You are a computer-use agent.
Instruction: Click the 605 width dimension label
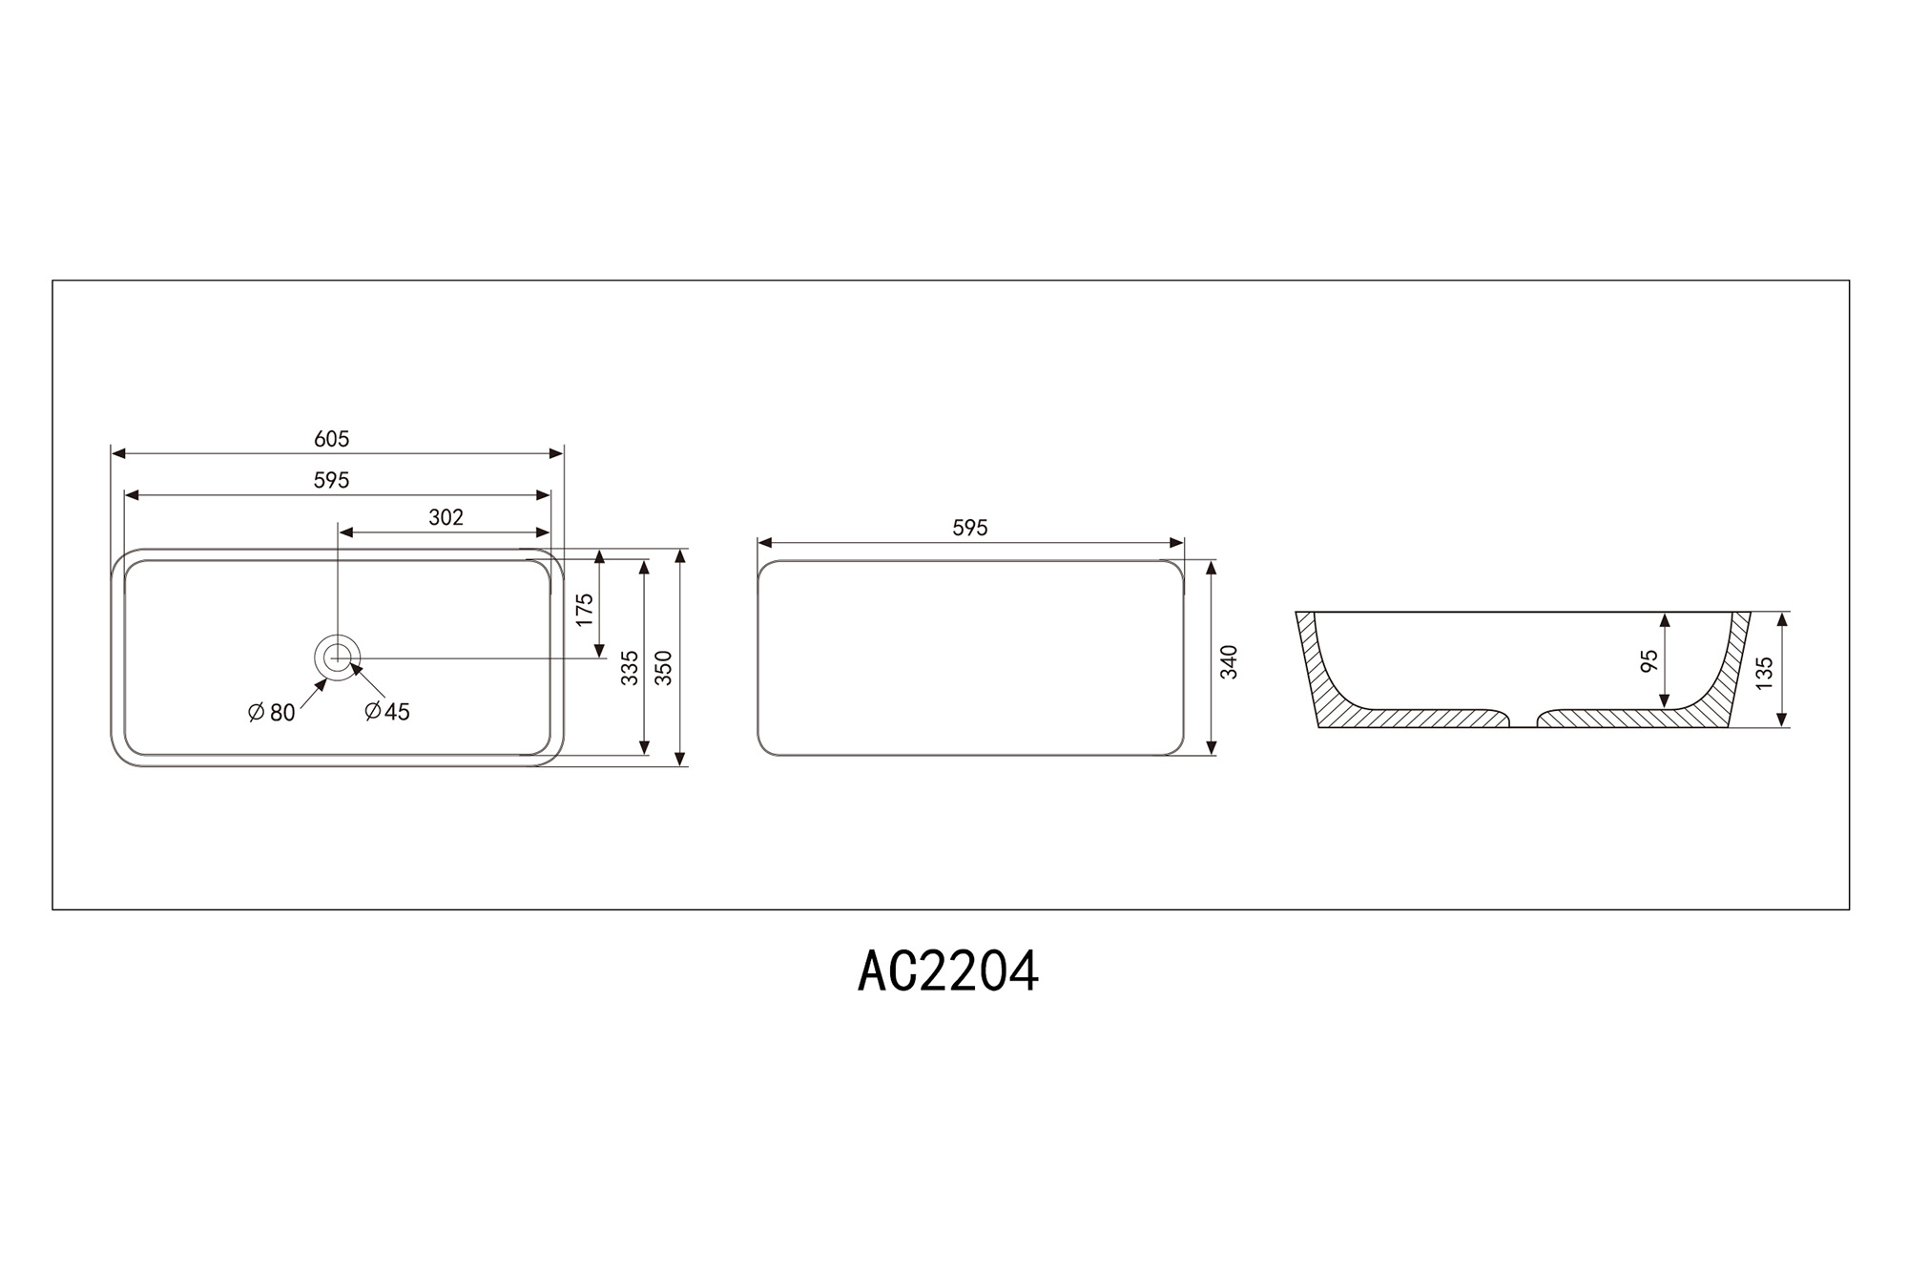click(332, 439)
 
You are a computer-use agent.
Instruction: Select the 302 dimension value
click(446, 517)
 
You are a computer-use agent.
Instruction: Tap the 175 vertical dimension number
click(585, 610)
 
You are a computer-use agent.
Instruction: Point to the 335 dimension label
click(630, 668)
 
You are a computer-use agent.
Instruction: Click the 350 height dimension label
click(664, 668)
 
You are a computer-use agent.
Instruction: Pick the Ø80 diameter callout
click(272, 713)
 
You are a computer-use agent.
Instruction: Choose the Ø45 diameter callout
click(387, 712)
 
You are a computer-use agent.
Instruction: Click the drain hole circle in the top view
click(337, 657)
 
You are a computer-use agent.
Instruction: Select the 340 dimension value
click(1229, 662)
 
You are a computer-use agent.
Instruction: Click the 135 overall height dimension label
click(1764, 672)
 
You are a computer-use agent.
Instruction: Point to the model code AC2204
click(947, 972)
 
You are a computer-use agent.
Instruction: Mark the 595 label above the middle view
click(970, 528)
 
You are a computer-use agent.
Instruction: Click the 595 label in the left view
click(332, 480)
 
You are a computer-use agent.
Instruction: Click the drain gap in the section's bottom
click(1524, 720)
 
